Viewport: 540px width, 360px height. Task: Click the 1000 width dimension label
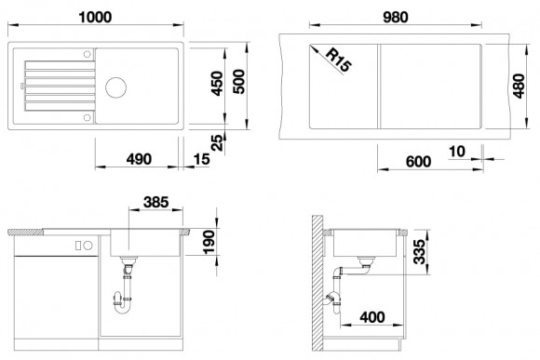(95, 17)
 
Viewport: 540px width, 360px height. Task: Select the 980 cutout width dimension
(396, 17)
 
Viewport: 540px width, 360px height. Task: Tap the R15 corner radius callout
(339, 60)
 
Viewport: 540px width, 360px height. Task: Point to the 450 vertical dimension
(217, 84)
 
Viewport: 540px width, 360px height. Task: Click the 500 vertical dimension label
(238, 82)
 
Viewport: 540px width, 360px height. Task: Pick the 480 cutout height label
(519, 86)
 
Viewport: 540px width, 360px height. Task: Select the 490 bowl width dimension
(139, 159)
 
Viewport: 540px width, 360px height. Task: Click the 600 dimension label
(418, 162)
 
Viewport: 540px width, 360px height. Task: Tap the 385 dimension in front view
(156, 202)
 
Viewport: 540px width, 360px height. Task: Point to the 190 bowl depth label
(209, 242)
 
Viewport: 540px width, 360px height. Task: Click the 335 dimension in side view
(420, 252)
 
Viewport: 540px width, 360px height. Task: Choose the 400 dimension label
(372, 317)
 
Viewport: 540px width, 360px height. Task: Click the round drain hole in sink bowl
(115, 87)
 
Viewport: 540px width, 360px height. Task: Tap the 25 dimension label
(217, 143)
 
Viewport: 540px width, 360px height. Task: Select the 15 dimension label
(201, 159)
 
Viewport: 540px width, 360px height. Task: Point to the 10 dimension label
(457, 152)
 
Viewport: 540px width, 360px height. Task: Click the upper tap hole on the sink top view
(87, 54)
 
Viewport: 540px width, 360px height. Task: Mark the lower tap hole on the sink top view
(87, 118)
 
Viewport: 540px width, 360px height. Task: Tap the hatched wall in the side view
(317, 283)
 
